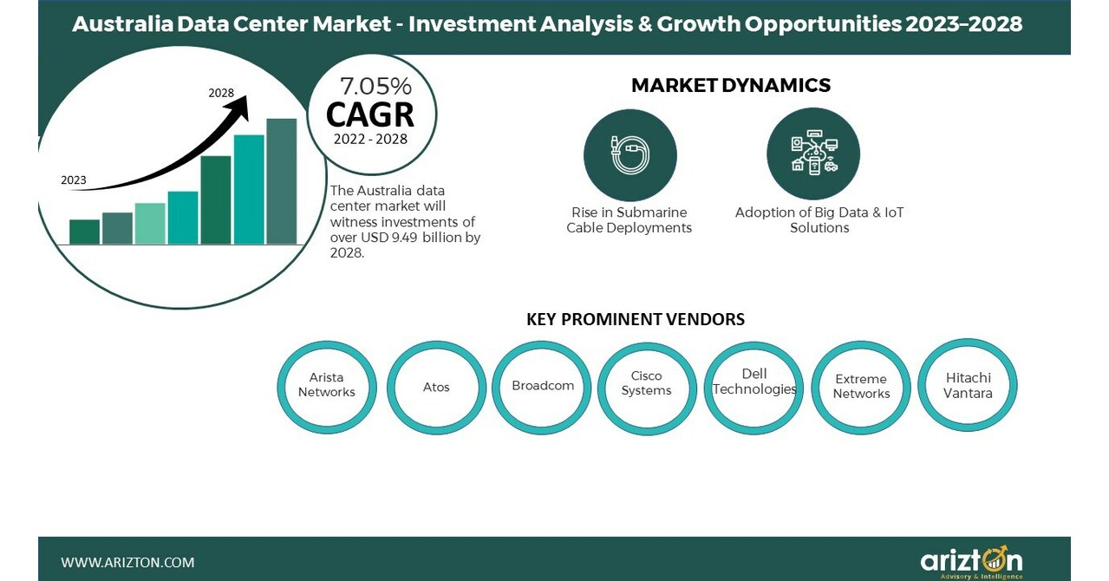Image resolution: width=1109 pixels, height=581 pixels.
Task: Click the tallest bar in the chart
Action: [281, 181]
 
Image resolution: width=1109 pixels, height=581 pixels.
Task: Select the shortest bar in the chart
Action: [84, 232]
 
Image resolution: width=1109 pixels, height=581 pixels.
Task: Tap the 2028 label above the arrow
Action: [221, 93]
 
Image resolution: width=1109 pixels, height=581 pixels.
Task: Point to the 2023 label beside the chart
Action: [74, 180]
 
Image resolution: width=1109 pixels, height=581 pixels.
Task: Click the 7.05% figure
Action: [375, 87]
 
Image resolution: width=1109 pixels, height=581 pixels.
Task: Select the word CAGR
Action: [370, 114]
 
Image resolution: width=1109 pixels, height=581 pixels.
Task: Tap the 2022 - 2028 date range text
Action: [370, 139]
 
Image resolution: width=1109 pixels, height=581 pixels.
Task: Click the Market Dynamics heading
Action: [730, 85]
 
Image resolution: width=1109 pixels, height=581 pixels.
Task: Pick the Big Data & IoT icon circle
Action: [812, 154]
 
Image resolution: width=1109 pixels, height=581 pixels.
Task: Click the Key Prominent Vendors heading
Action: [635, 319]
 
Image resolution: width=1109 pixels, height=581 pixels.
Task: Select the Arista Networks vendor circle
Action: [327, 386]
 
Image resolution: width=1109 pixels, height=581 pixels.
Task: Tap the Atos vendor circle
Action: [436, 387]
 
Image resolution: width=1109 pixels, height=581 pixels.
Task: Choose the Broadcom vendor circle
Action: [543, 386]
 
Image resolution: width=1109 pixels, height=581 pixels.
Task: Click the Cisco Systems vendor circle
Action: [647, 385]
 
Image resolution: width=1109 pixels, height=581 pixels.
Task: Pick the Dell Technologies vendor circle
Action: [754, 383]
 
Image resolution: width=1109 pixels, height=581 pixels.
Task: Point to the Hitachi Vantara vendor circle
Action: [968, 385]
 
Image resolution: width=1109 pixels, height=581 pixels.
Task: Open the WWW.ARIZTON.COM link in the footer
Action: [127, 562]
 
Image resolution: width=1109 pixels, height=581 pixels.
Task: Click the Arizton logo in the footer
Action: [971, 561]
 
